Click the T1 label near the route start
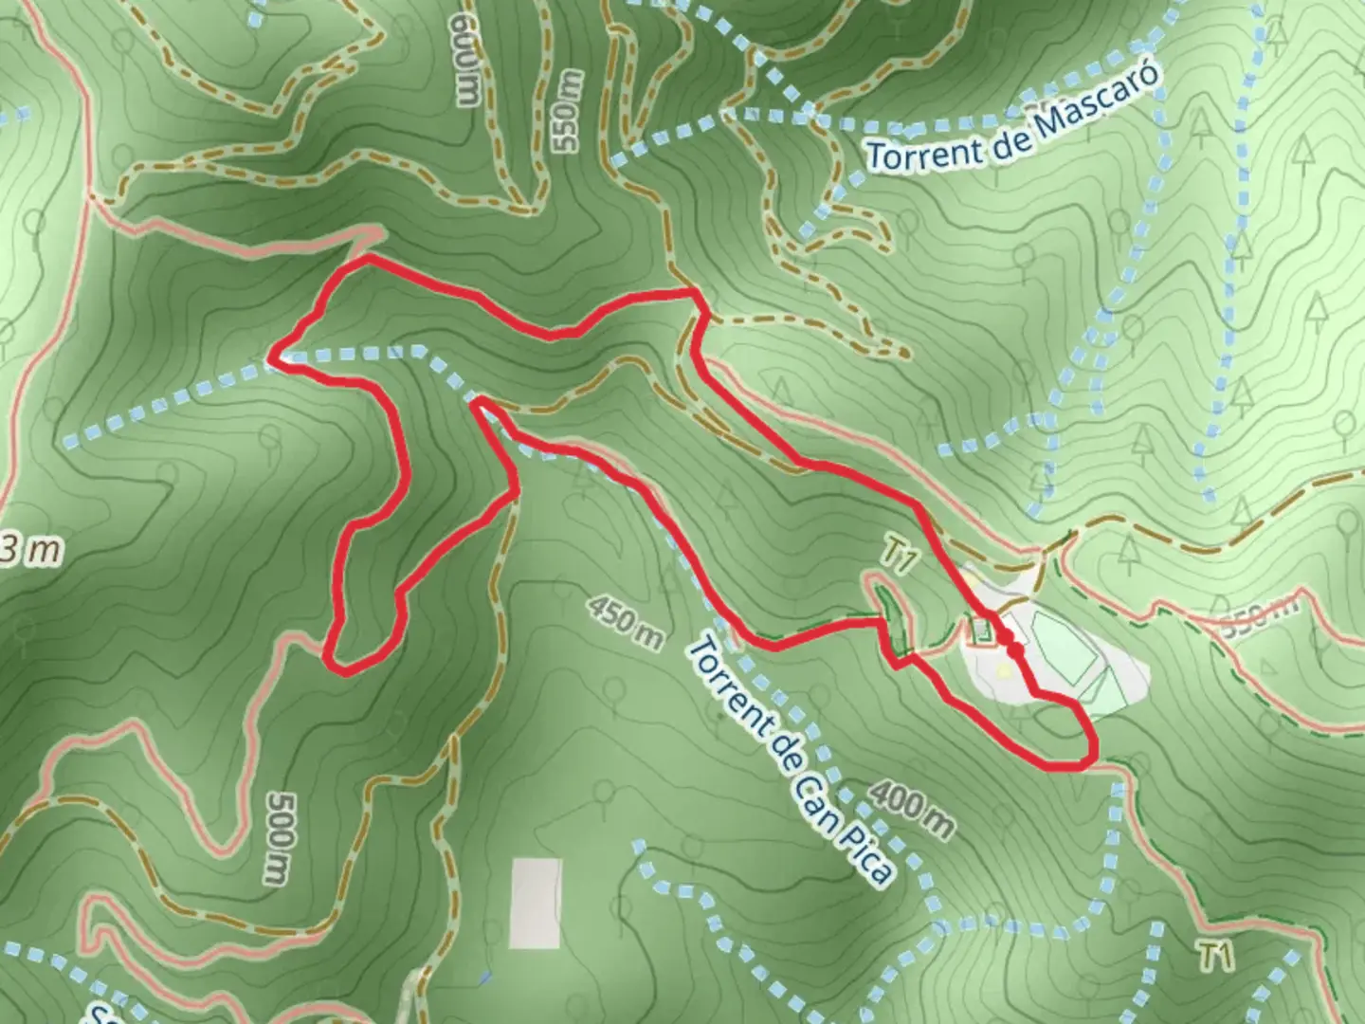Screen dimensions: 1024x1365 [x=899, y=557]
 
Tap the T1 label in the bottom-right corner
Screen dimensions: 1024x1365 [x=1216, y=956]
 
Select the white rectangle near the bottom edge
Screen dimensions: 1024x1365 [x=536, y=903]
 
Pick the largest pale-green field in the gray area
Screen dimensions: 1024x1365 [x=1064, y=647]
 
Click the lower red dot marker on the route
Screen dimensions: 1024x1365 [x=1015, y=650]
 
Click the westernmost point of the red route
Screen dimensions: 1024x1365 [x=271, y=357]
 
